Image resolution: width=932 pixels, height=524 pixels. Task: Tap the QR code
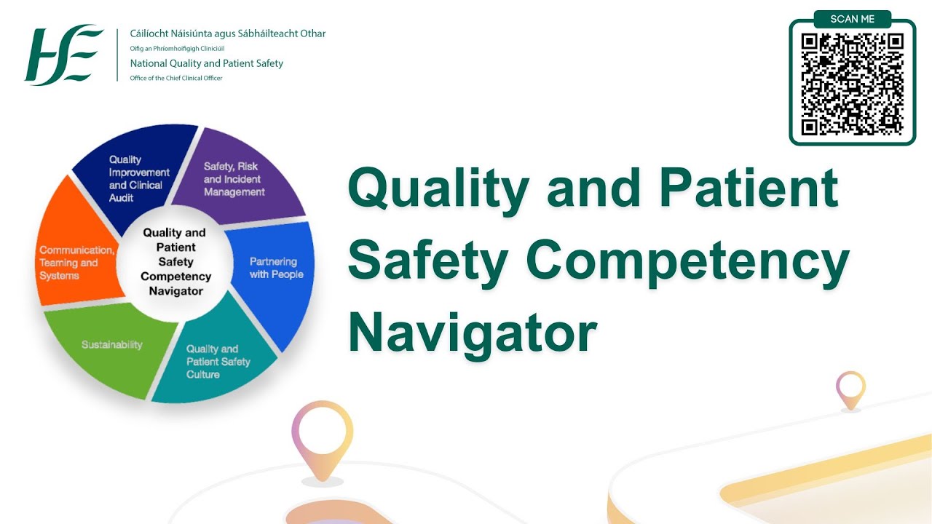tap(852, 84)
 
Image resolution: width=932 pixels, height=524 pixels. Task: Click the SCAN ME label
tap(852, 19)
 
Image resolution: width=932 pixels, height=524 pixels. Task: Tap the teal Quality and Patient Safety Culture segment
tap(215, 360)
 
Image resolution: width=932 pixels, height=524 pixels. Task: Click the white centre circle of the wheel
tap(175, 262)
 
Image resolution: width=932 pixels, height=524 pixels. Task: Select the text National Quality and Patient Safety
tap(207, 63)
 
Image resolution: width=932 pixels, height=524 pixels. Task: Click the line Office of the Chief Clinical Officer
tap(176, 78)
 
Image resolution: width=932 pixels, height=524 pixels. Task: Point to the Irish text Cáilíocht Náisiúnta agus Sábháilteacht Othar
tap(227, 33)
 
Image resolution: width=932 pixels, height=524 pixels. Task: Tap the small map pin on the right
tap(850, 389)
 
